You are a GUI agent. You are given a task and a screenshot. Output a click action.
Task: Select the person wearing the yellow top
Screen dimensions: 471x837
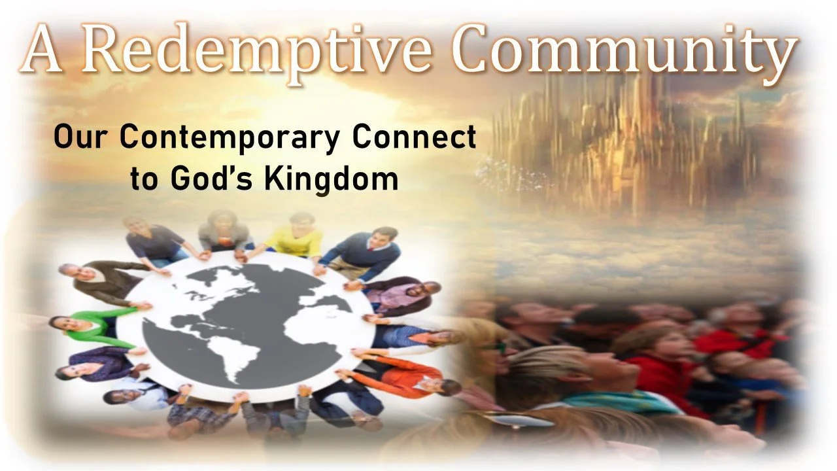[x=294, y=237]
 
